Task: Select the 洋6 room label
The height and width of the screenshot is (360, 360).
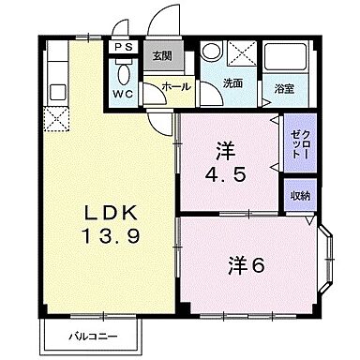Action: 246,265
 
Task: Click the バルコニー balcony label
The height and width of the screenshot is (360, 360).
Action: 91,335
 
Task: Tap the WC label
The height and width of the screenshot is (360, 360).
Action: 124,94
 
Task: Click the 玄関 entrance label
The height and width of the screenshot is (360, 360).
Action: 162,55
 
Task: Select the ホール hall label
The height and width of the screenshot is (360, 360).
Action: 175,87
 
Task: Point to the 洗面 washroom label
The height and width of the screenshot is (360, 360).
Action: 232,83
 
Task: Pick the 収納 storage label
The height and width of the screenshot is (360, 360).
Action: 298,195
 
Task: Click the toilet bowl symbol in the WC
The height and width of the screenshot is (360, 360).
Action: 123,73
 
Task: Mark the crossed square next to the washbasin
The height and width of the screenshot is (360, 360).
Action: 241,55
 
